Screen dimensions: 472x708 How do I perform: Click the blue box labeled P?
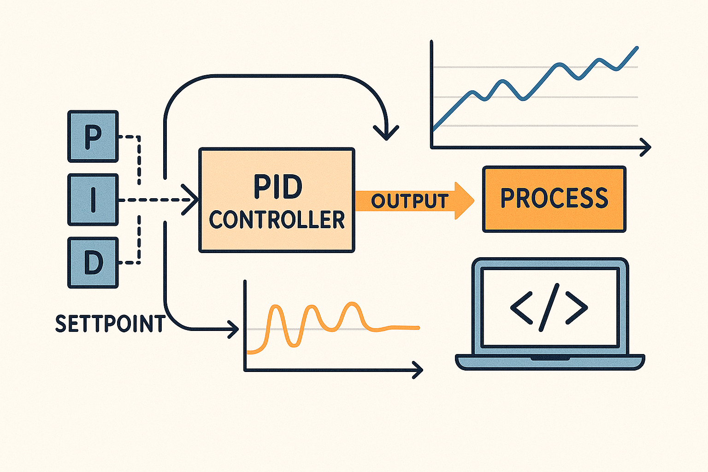[93, 136]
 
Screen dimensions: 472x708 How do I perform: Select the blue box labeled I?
[93, 200]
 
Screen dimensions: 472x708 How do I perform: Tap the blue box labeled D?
[93, 263]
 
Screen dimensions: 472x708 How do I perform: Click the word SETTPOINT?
[110, 324]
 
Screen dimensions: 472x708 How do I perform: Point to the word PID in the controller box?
[277, 187]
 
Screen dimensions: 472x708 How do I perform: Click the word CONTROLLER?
[277, 220]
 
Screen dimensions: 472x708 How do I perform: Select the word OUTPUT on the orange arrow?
[410, 201]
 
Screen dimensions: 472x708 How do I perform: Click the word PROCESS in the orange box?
[554, 198]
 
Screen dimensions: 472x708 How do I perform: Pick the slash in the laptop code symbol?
[549, 307]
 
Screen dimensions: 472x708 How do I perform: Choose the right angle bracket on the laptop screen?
[577, 307]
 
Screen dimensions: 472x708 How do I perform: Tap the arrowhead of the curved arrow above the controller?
[386, 135]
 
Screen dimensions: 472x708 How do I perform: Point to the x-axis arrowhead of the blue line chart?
[647, 147]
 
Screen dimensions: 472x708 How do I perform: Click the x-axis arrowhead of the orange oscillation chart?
[419, 370]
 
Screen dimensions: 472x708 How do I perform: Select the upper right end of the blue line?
[637, 47]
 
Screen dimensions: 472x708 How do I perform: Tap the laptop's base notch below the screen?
[549, 358]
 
